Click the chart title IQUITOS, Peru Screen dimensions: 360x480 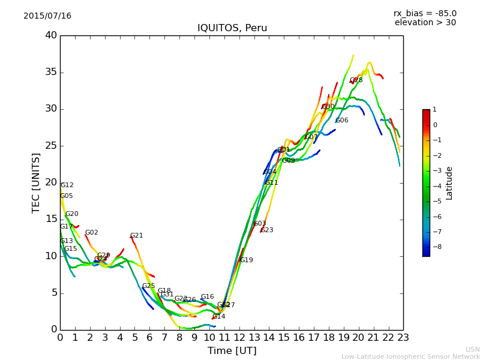click(x=232, y=28)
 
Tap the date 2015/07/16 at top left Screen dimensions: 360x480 click(x=47, y=16)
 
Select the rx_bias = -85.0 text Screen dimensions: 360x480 click(x=425, y=13)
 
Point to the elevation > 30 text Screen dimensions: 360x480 click(x=425, y=23)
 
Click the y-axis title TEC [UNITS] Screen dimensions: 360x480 click(x=36, y=182)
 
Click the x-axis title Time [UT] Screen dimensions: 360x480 click(x=232, y=351)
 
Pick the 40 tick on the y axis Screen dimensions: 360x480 click(x=51, y=35)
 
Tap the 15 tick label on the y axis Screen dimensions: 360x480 click(x=51, y=219)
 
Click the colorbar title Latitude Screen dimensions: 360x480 click(x=449, y=183)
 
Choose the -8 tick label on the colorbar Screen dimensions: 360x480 click(x=435, y=247)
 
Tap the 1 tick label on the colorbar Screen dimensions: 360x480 click(x=434, y=110)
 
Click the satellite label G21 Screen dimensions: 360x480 click(x=137, y=236)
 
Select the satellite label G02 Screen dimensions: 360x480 click(x=92, y=233)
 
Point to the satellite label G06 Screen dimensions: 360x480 click(x=342, y=121)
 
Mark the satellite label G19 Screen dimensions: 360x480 click(x=247, y=260)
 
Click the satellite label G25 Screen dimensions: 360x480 click(x=149, y=286)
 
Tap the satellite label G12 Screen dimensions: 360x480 click(x=67, y=185)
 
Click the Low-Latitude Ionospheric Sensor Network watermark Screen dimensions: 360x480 click(x=410, y=356)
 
